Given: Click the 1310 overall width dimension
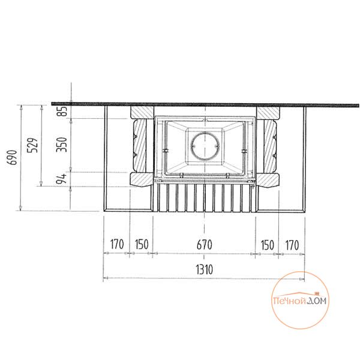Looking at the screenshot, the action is click(x=205, y=269).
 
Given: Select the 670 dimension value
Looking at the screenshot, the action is click(x=205, y=245).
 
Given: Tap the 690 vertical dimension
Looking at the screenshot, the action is click(x=13, y=157).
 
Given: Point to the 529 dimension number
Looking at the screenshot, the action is click(x=32, y=145).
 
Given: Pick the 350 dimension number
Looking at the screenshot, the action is click(x=62, y=145).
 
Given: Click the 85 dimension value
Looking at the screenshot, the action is click(x=62, y=111).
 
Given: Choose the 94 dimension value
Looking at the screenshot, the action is click(x=62, y=179).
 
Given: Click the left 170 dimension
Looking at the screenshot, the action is click(x=117, y=244).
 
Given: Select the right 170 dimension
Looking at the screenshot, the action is click(x=292, y=245).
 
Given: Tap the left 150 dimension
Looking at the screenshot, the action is click(x=142, y=245).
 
